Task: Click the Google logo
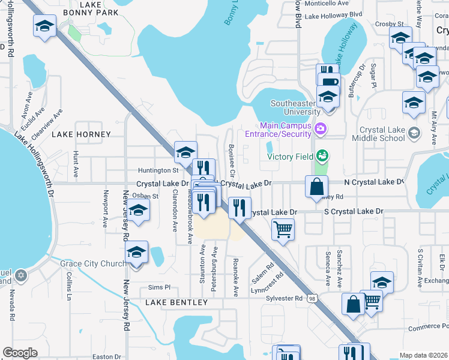click(20, 353)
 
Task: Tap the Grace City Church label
click(92, 263)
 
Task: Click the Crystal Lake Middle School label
click(382, 134)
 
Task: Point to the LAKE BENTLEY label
click(176, 303)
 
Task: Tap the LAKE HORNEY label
click(81, 135)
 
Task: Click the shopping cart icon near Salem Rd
click(283, 228)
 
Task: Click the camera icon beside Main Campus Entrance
click(321, 128)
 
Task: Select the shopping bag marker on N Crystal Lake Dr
click(316, 186)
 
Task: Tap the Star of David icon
click(21, 275)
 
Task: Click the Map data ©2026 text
click(423, 355)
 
